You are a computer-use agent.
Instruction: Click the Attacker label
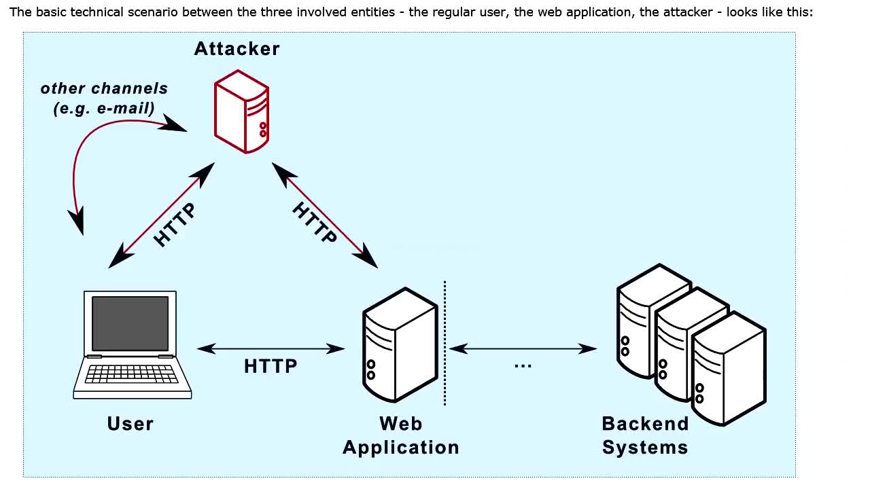[237, 49]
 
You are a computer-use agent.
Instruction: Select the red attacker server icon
[241, 111]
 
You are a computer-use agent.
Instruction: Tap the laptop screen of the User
[130, 323]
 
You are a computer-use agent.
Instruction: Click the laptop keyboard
[132, 374]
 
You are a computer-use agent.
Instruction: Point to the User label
[130, 424]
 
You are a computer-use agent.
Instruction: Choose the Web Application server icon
[399, 344]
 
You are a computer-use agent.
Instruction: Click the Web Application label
[401, 435]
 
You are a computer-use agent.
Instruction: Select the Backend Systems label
[645, 435]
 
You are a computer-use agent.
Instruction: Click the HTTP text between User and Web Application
[271, 367]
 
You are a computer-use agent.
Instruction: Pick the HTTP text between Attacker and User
[175, 225]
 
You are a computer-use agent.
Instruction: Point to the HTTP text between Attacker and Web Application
[315, 222]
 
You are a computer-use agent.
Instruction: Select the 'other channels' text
[104, 88]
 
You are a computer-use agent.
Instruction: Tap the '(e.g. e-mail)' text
[104, 108]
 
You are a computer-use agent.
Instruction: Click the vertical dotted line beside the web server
[445, 343]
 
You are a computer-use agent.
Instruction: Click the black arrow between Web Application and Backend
[523, 348]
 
